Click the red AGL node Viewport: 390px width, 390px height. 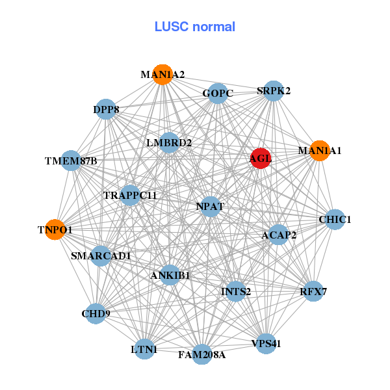pyautogui.click(x=261, y=158)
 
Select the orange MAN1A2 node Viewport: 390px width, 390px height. pyautogui.click(x=162, y=75)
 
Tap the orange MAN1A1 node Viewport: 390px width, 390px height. pyautogui.click(x=319, y=151)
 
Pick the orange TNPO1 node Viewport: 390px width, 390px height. pyautogui.click(x=55, y=229)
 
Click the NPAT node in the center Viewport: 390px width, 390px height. pyautogui.click(x=210, y=207)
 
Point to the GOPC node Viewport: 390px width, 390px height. pyautogui.click(x=218, y=94)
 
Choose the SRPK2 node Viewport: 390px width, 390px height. pyautogui.click(x=274, y=91)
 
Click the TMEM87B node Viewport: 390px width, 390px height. pyautogui.click(x=71, y=161)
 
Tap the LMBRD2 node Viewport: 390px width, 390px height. pyautogui.click(x=169, y=142)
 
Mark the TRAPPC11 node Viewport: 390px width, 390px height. pyautogui.click(x=130, y=195)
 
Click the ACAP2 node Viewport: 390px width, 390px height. pyautogui.click(x=279, y=235)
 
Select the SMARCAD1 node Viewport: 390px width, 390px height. pyautogui.click(x=101, y=255)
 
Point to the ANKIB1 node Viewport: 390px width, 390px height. pyautogui.click(x=170, y=275)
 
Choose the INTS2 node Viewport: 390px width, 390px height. pyautogui.click(x=236, y=291)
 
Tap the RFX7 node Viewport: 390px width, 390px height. pyautogui.click(x=313, y=291)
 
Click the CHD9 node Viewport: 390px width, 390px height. pyautogui.click(x=96, y=313)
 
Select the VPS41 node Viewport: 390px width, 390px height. pyautogui.click(x=266, y=343)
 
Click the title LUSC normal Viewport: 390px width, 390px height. pyautogui.click(x=195, y=27)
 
